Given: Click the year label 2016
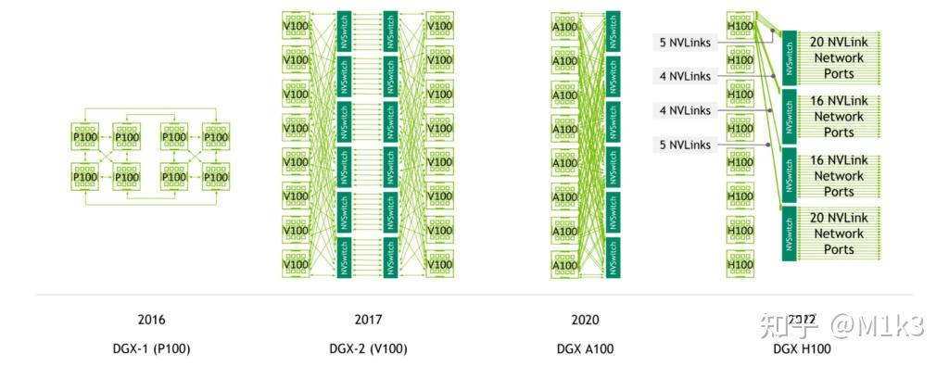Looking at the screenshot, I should tap(151, 321).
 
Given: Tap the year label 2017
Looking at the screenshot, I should tap(368, 321).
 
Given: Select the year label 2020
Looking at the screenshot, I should tap(585, 321).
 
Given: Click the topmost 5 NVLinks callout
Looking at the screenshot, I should tap(685, 42).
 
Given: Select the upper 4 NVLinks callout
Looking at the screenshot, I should tap(685, 76).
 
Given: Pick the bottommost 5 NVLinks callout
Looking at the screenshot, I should tap(685, 145).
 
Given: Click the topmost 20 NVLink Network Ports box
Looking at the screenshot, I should tap(838, 57).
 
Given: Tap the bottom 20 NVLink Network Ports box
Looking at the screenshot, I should tap(838, 233).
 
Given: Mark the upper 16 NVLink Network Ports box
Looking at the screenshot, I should tap(838, 117).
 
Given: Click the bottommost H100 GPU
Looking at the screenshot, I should tap(740, 264).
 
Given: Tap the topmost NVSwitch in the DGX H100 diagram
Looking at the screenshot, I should tap(790, 56).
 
